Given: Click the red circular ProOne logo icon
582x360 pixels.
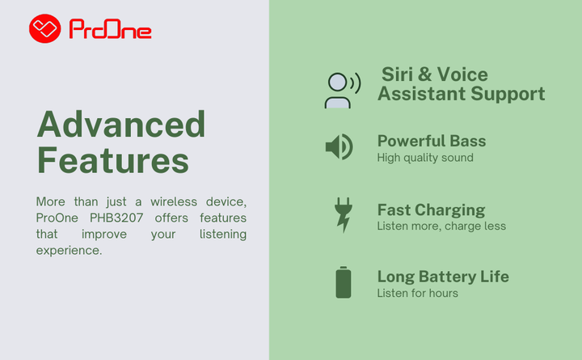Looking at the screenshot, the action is click(45, 28).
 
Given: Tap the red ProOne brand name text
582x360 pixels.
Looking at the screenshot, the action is click(110, 29).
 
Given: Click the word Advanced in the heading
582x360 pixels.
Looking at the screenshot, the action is click(121, 125).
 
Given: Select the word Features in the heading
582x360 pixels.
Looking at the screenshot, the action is click(113, 160).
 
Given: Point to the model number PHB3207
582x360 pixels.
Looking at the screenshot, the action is click(116, 218).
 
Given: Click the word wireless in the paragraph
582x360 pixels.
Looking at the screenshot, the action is click(174, 201).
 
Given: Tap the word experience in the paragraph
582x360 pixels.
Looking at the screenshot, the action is click(69, 251).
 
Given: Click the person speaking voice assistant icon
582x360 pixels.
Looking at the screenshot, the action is click(343, 91).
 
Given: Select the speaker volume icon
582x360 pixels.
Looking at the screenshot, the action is click(339, 146).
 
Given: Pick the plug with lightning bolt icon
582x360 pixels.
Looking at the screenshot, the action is click(344, 215).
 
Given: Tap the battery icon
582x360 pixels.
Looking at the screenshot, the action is click(344, 282).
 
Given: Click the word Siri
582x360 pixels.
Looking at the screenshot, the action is click(397, 74).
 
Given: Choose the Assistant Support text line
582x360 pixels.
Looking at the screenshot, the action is click(462, 94).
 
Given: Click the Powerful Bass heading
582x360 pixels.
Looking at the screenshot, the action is click(432, 142).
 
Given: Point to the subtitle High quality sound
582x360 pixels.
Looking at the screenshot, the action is click(425, 158).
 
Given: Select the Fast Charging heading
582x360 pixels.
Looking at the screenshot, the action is click(432, 210).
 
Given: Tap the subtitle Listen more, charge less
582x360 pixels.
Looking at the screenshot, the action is click(441, 227).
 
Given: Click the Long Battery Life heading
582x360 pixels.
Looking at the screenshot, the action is click(443, 277).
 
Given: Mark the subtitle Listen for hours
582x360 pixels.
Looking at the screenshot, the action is click(418, 293).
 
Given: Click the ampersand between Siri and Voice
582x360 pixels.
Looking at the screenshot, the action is click(424, 74).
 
